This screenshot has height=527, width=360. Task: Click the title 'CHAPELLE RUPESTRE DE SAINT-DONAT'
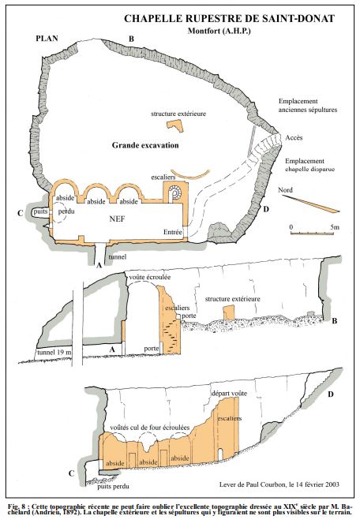pos(230,18)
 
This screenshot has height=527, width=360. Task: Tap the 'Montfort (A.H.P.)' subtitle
pos(219,31)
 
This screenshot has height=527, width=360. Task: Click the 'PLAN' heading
pos(47,39)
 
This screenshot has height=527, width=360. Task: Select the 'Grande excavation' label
pos(145,145)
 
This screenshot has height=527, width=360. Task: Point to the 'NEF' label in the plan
pos(117,219)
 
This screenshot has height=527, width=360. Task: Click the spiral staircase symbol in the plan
pos(175,192)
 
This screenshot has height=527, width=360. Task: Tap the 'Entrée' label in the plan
pos(173,232)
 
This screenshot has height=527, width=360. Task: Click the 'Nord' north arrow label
pos(285,190)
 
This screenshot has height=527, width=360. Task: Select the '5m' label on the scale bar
pos(335,227)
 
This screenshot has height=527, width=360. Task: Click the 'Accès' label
pos(294,137)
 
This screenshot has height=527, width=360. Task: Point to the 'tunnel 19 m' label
pos(54,352)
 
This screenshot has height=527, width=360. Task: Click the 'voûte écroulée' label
pos(150,277)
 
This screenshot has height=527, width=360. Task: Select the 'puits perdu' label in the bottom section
pos(113,486)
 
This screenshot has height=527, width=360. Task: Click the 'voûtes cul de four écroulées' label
pos(150,428)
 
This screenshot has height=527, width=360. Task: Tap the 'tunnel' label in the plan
pos(118,256)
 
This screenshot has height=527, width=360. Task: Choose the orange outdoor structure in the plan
pos(175,125)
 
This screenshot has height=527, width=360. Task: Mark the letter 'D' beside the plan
pos(266,209)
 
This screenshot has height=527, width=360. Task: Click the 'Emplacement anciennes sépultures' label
pos(308,106)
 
